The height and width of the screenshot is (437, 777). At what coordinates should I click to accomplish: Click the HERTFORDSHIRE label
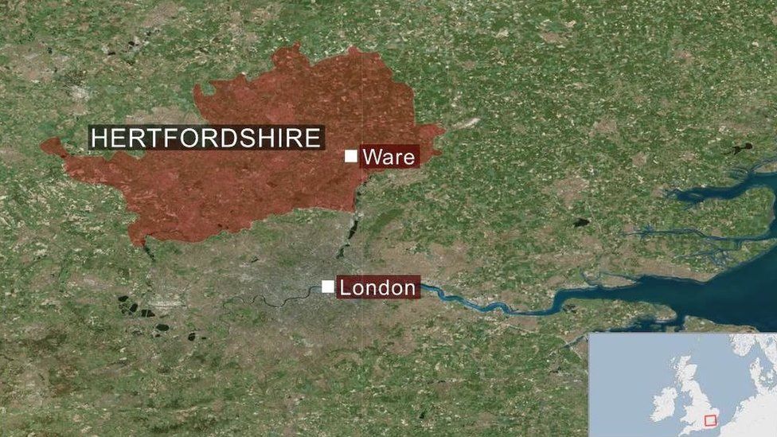pyautogui.click(x=206, y=138)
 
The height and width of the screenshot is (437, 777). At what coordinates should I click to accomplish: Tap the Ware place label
pyautogui.click(x=389, y=157)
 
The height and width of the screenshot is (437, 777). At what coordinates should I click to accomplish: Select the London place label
pyautogui.click(x=377, y=287)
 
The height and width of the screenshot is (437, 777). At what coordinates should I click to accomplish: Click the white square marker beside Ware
pyautogui.click(x=350, y=156)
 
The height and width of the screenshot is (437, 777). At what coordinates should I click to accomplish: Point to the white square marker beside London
pyautogui.click(x=327, y=287)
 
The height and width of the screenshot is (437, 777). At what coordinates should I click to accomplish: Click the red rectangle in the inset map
pyautogui.click(x=711, y=419)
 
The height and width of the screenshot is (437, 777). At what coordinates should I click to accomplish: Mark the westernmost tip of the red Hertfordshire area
pyautogui.click(x=43, y=146)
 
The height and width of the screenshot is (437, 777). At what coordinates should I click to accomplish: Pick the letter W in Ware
pyautogui.click(x=372, y=157)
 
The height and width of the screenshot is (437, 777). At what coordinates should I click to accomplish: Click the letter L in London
pyautogui.click(x=346, y=287)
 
